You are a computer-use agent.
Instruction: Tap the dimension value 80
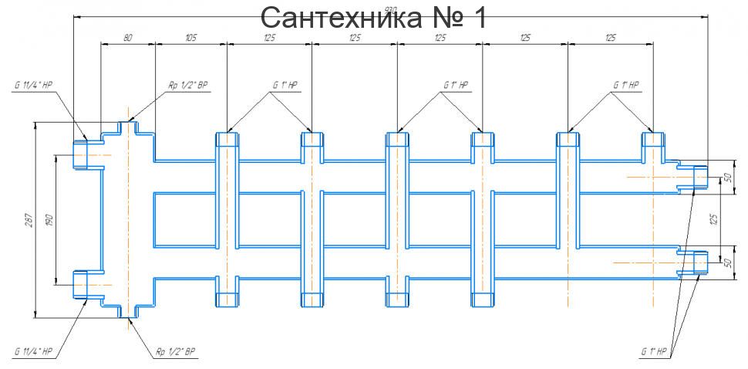[x=128, y=37]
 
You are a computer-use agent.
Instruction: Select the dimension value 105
[x=191, y=37]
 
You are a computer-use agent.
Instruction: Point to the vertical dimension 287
[x=26, y=219]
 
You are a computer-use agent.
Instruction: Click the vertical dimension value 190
[x=48, y=220]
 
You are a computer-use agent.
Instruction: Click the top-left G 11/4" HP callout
[x=32, y=86]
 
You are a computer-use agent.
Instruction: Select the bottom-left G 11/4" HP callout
[x=32, y=351]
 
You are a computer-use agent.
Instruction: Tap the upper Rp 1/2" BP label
[x=188, y=86]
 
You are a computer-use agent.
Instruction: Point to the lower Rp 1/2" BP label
[x=176, y=351]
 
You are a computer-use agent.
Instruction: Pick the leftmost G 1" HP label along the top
[x=285, y=85]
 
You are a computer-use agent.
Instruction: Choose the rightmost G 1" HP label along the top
[x=626, y=85]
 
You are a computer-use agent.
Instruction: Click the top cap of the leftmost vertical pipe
[x=227, y=140]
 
